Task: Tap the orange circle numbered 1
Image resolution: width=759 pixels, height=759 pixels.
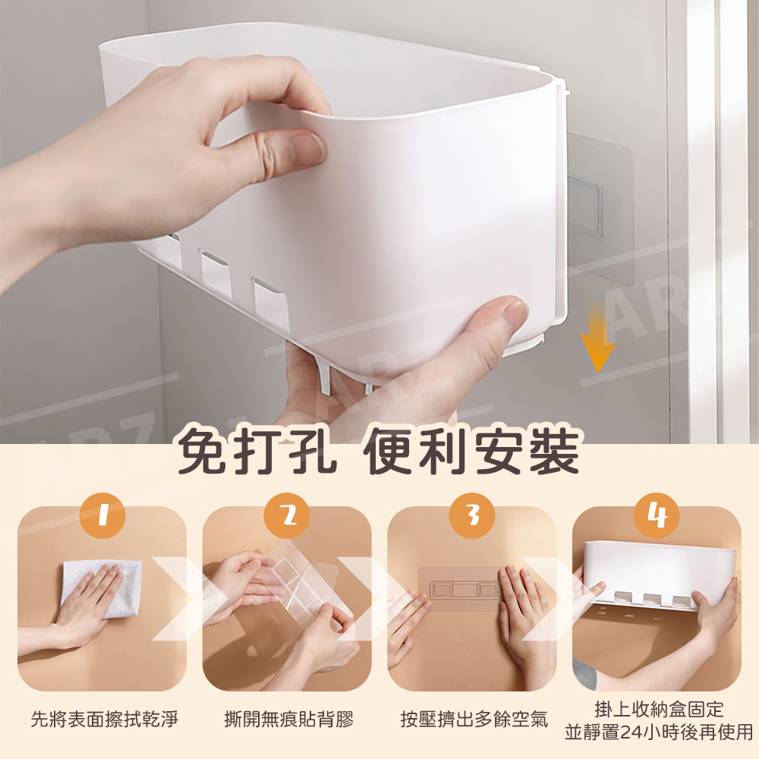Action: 102,515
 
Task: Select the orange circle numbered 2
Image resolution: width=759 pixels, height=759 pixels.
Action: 287,515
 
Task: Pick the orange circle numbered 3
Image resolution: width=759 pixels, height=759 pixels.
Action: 472,515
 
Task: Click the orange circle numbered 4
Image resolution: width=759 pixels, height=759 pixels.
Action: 657,515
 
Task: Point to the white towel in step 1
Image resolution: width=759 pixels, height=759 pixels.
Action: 102,588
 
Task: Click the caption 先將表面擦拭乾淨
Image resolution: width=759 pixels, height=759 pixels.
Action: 105,719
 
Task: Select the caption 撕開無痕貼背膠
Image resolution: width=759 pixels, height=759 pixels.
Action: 289,719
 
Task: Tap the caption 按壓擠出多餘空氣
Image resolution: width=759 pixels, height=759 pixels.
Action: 474,719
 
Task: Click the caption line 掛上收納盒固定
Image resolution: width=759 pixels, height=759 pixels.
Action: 659,709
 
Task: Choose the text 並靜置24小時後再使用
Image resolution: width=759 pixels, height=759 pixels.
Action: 659,732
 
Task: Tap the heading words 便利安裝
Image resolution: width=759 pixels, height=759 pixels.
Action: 471,451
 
